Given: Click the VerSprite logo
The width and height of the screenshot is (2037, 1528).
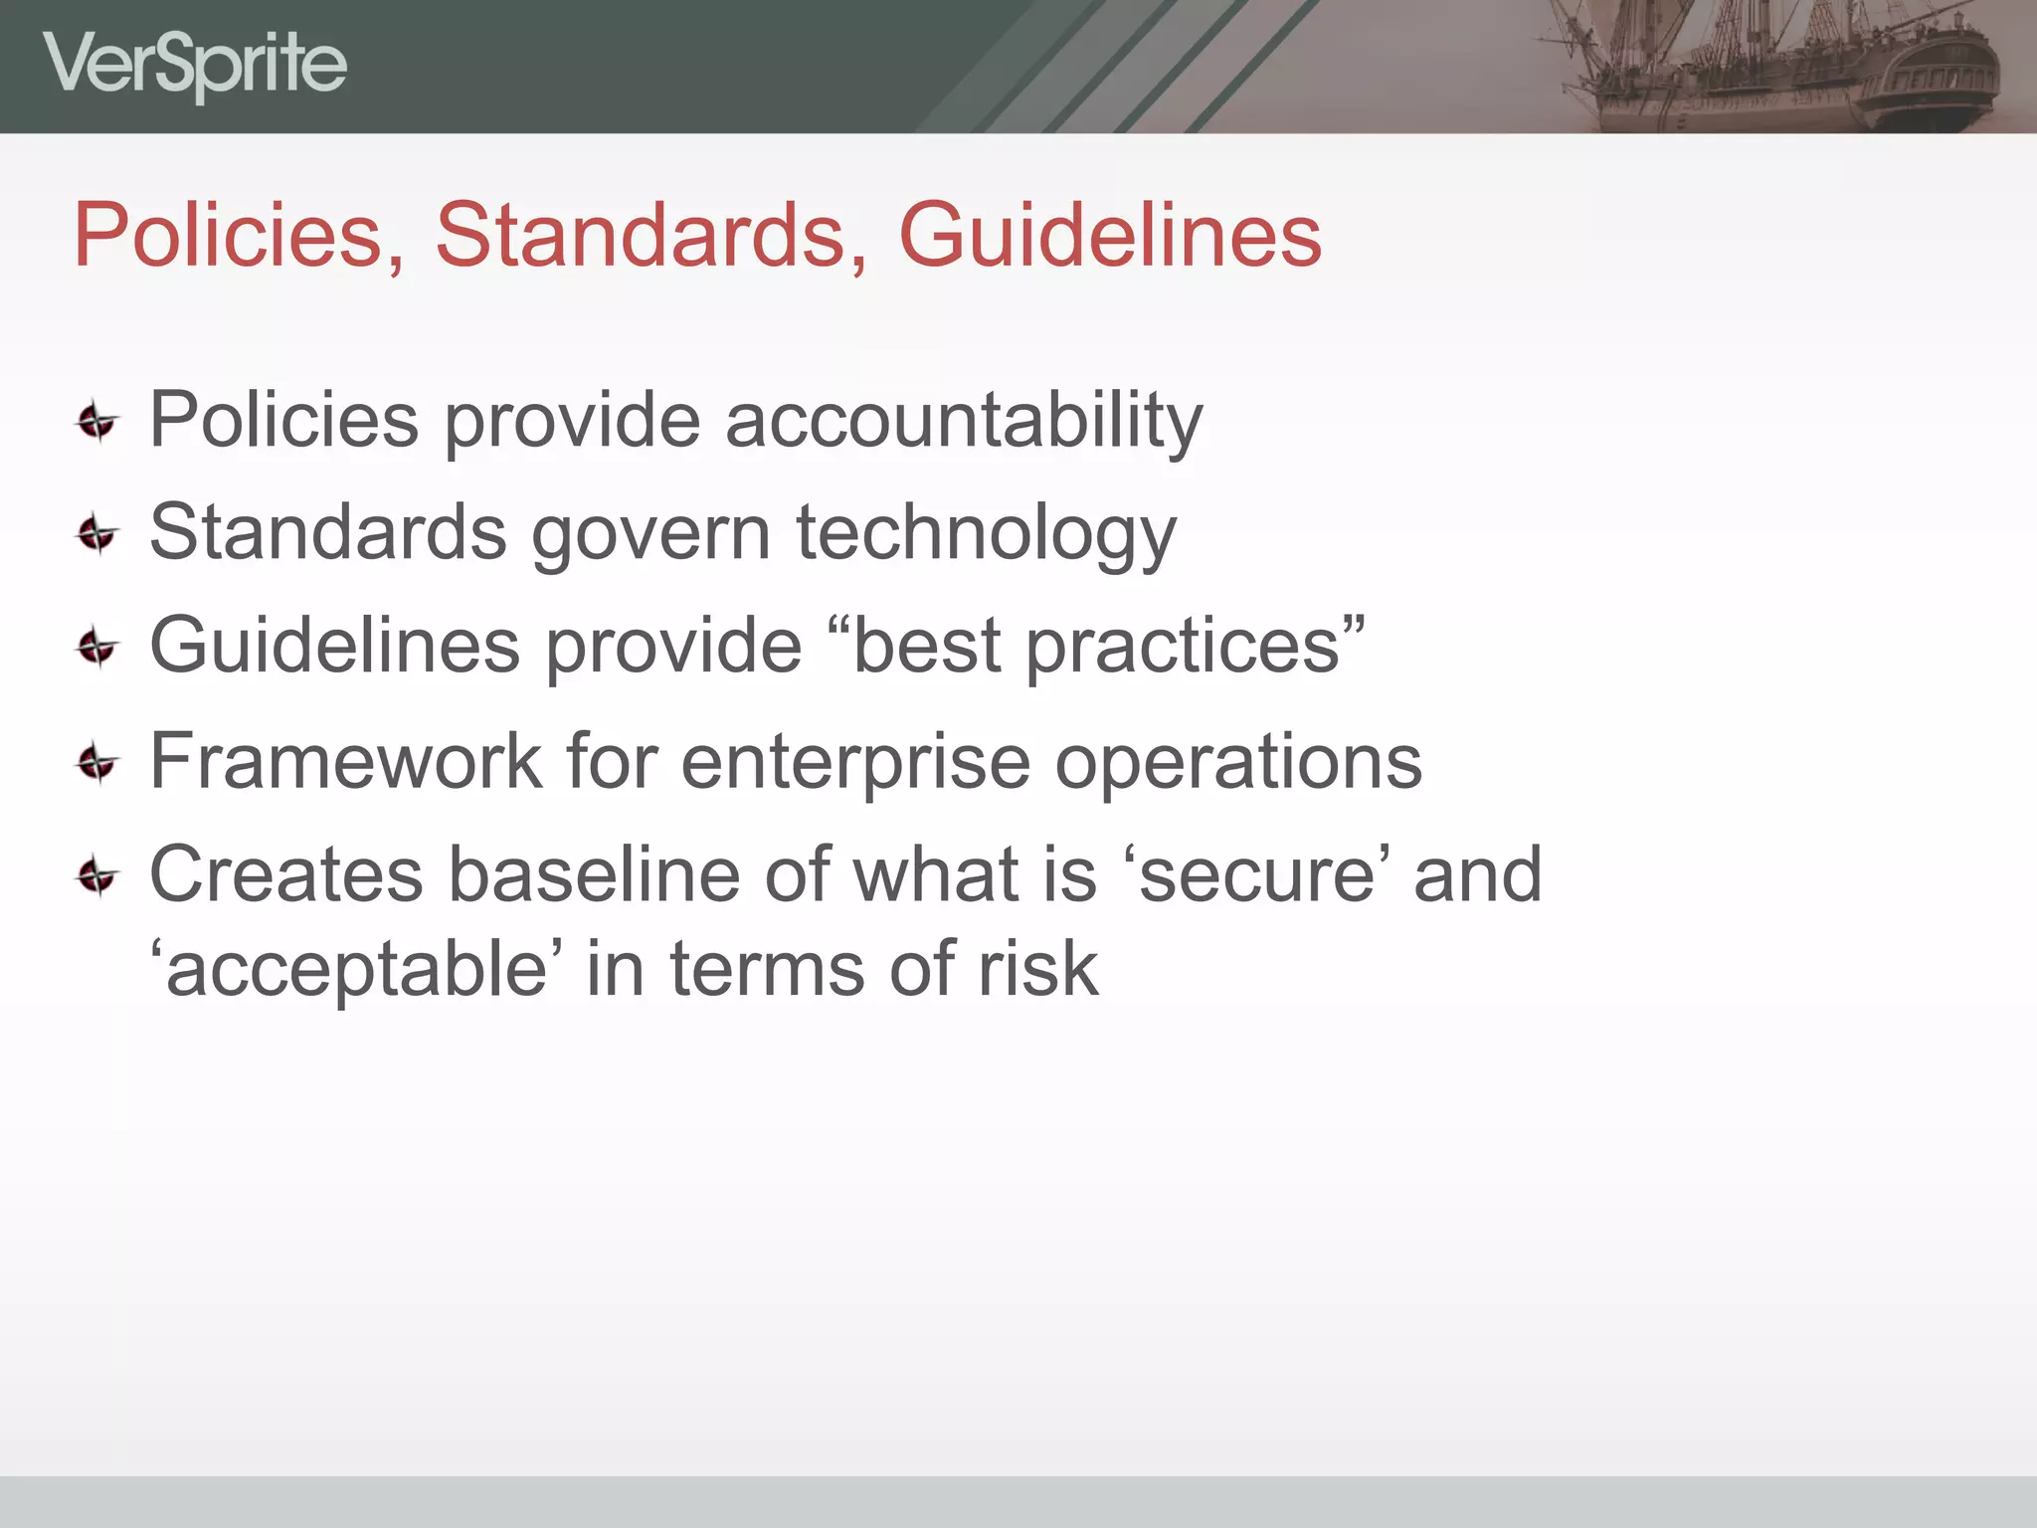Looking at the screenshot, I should coord(195,65).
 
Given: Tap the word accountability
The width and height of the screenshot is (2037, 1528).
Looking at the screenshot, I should coord(964,420).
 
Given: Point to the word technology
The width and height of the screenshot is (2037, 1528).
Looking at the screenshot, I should coord(986,533).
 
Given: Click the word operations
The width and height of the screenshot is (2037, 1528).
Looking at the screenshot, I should coord(1238,763).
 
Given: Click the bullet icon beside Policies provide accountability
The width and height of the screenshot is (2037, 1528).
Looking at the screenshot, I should coord(97,422).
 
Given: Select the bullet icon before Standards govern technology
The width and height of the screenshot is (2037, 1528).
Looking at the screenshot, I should coord(97,535).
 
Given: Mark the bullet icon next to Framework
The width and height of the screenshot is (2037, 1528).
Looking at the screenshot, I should coord(97,763).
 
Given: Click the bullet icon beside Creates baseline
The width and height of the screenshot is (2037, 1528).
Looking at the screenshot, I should coord(97,876).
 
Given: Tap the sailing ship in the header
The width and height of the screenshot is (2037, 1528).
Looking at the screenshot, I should coord(1780,65).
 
